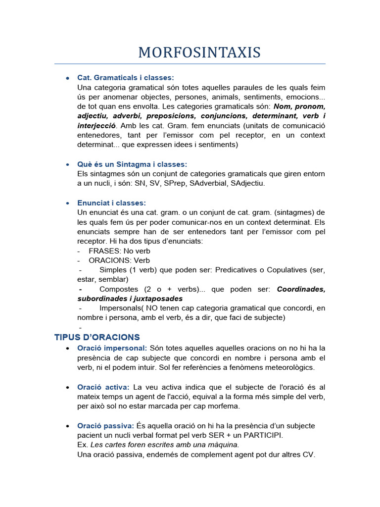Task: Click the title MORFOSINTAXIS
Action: pos(199,52)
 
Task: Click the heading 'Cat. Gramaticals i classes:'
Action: pos(126,78)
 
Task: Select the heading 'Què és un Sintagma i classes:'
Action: pos(132,164)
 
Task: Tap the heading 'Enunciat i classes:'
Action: pos(111,203)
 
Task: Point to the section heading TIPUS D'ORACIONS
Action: pos(97,337)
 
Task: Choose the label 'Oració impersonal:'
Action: pos(112,348)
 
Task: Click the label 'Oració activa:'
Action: pos(103,387)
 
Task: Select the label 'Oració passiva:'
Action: pos(106,426)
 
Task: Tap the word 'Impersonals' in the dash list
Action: pos(121,308)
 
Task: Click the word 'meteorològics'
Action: pos(290,367)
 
